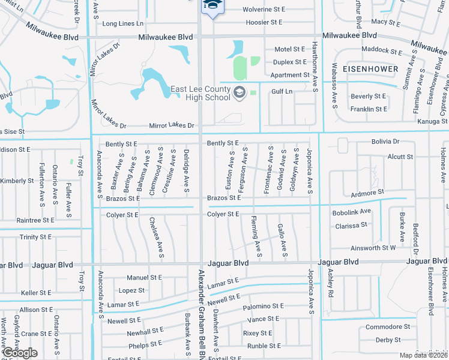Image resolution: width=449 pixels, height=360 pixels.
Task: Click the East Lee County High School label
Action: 200,93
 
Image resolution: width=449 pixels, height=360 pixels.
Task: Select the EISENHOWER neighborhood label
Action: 370,69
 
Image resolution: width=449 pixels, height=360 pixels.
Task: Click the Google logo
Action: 19,353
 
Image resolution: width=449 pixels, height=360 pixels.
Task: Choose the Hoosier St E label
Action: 264,22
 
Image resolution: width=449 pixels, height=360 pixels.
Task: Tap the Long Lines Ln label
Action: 123,23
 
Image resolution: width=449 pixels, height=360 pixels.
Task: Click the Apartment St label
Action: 289,75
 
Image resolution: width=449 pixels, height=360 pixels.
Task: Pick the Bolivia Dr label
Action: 385,141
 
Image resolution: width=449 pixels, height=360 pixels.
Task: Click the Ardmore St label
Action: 367,193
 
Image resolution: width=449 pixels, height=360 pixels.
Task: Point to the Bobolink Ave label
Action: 351,212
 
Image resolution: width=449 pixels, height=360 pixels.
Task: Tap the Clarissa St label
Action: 351,226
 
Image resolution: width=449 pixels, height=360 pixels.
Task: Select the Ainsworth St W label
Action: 372,247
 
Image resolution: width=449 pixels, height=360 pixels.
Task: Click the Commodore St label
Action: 387,327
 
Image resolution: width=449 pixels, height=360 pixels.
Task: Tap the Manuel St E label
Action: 144,278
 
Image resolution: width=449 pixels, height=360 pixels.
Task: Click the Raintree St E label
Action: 35,220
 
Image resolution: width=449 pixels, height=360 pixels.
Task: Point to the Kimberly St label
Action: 17,181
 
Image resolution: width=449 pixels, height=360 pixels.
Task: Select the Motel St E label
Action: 290,49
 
